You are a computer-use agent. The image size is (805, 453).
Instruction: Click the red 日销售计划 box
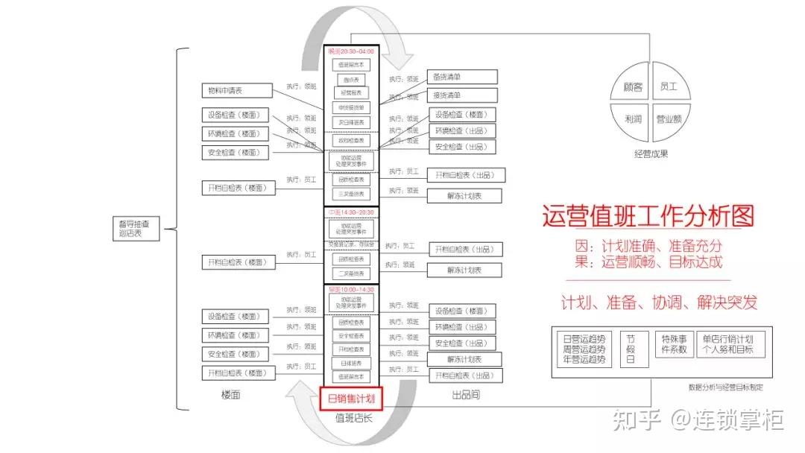coord(351,398)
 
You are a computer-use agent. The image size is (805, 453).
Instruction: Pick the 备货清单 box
coord(462,77)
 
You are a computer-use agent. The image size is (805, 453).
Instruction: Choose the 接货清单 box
coord(462,95)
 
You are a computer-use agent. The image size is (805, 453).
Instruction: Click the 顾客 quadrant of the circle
coord(632,87)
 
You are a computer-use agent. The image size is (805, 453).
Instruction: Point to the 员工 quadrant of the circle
coord(669,87)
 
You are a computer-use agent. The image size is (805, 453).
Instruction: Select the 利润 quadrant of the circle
coord(632,118)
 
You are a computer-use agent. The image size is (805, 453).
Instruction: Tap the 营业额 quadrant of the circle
coord(670,118)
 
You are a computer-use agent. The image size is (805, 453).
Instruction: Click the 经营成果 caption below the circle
coord(651,154)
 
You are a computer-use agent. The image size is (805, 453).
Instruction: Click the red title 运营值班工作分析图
coord(648,216)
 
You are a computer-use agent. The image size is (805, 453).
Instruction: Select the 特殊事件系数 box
coord(673,343)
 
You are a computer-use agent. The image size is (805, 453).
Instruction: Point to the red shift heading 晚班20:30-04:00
coord(351,51)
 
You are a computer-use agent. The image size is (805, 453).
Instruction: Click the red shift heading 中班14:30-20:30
coord(351,212)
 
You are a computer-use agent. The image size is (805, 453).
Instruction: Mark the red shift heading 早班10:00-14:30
coord(351,288)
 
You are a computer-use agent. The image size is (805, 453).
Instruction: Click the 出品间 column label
coord(466,395)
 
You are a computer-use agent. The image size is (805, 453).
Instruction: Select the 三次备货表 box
coord(351,194)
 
